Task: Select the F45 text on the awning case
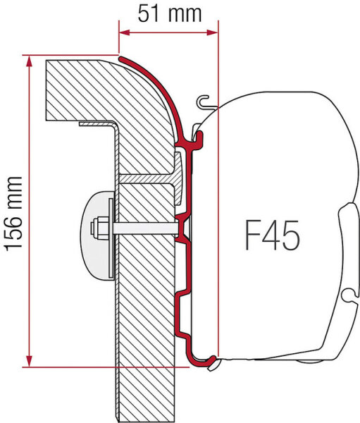click(271, 234)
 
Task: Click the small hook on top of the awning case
click(205, 103)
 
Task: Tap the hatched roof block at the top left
click(77, 88)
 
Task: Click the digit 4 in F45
click(272, 234)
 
